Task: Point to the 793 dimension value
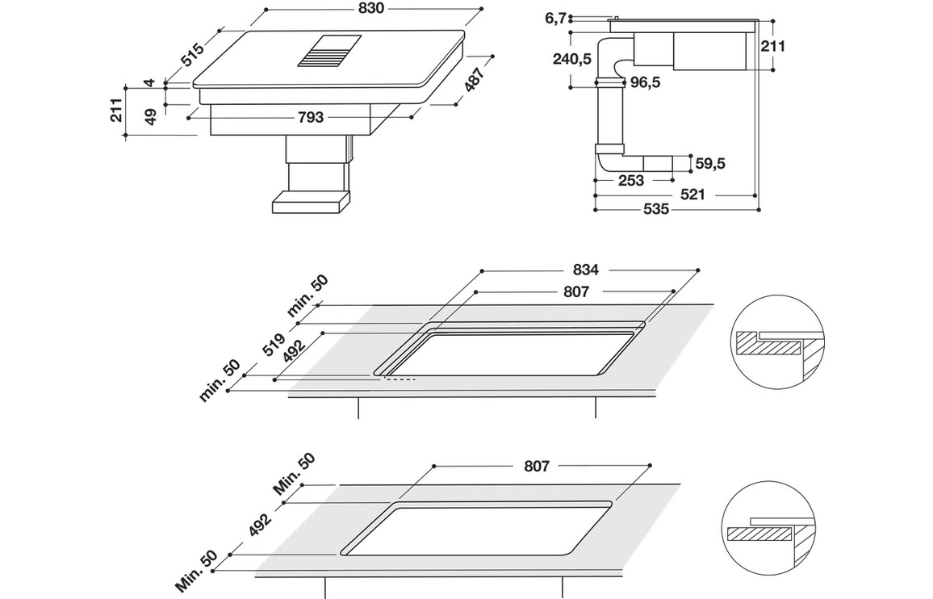310,118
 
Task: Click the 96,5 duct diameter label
645,82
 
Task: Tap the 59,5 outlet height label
709,164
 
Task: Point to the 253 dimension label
631,180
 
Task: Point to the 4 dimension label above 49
150,83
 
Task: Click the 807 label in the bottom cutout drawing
536,466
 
